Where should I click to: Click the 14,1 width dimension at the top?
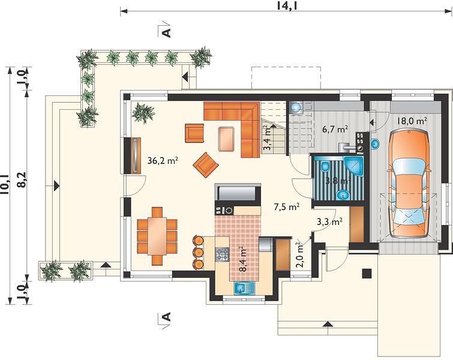287,5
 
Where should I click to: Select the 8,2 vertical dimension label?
22,180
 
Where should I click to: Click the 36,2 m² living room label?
163,161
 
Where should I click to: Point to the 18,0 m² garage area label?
412,121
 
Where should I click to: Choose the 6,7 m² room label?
335,129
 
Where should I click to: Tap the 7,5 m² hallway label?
286,207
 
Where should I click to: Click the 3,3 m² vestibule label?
329,222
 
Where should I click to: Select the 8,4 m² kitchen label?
243,259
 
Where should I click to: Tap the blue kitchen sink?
244,288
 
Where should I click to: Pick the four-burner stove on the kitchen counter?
221,254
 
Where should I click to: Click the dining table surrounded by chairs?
157,236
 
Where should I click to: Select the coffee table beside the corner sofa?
226,139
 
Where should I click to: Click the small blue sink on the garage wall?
375,143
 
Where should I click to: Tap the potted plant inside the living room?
143,113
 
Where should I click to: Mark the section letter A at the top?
167,32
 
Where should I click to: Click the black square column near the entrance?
367,274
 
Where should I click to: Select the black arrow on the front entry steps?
328,323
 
